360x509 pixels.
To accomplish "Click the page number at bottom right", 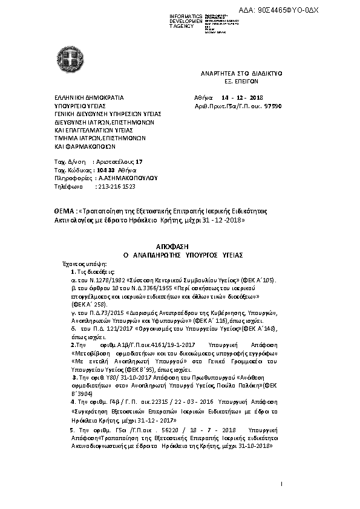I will (x=282, y=484).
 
